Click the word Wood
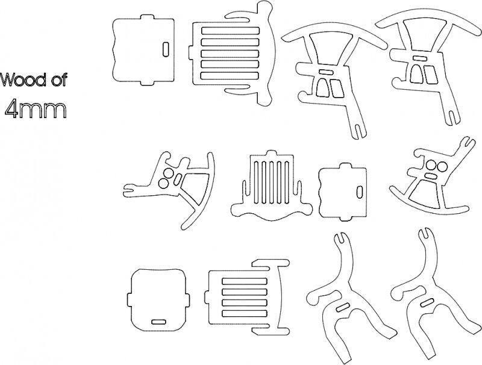point(23,80)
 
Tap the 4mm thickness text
point(36,110)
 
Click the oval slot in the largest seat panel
point(166,49)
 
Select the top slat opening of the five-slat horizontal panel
point(230,31)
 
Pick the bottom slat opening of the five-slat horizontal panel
point(230,75)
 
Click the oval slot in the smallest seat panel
point(359,192)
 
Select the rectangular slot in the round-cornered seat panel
point(159,322)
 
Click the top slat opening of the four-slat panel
point(245,281)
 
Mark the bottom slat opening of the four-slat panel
point(245,313)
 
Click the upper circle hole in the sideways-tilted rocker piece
point(168,173)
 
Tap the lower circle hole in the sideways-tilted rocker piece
point(163,184)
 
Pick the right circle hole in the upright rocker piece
point(442,167)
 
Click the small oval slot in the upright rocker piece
point(431,176)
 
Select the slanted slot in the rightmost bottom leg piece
point(428,303)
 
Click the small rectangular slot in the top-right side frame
point(419,58)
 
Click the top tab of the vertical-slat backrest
point(271,153)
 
